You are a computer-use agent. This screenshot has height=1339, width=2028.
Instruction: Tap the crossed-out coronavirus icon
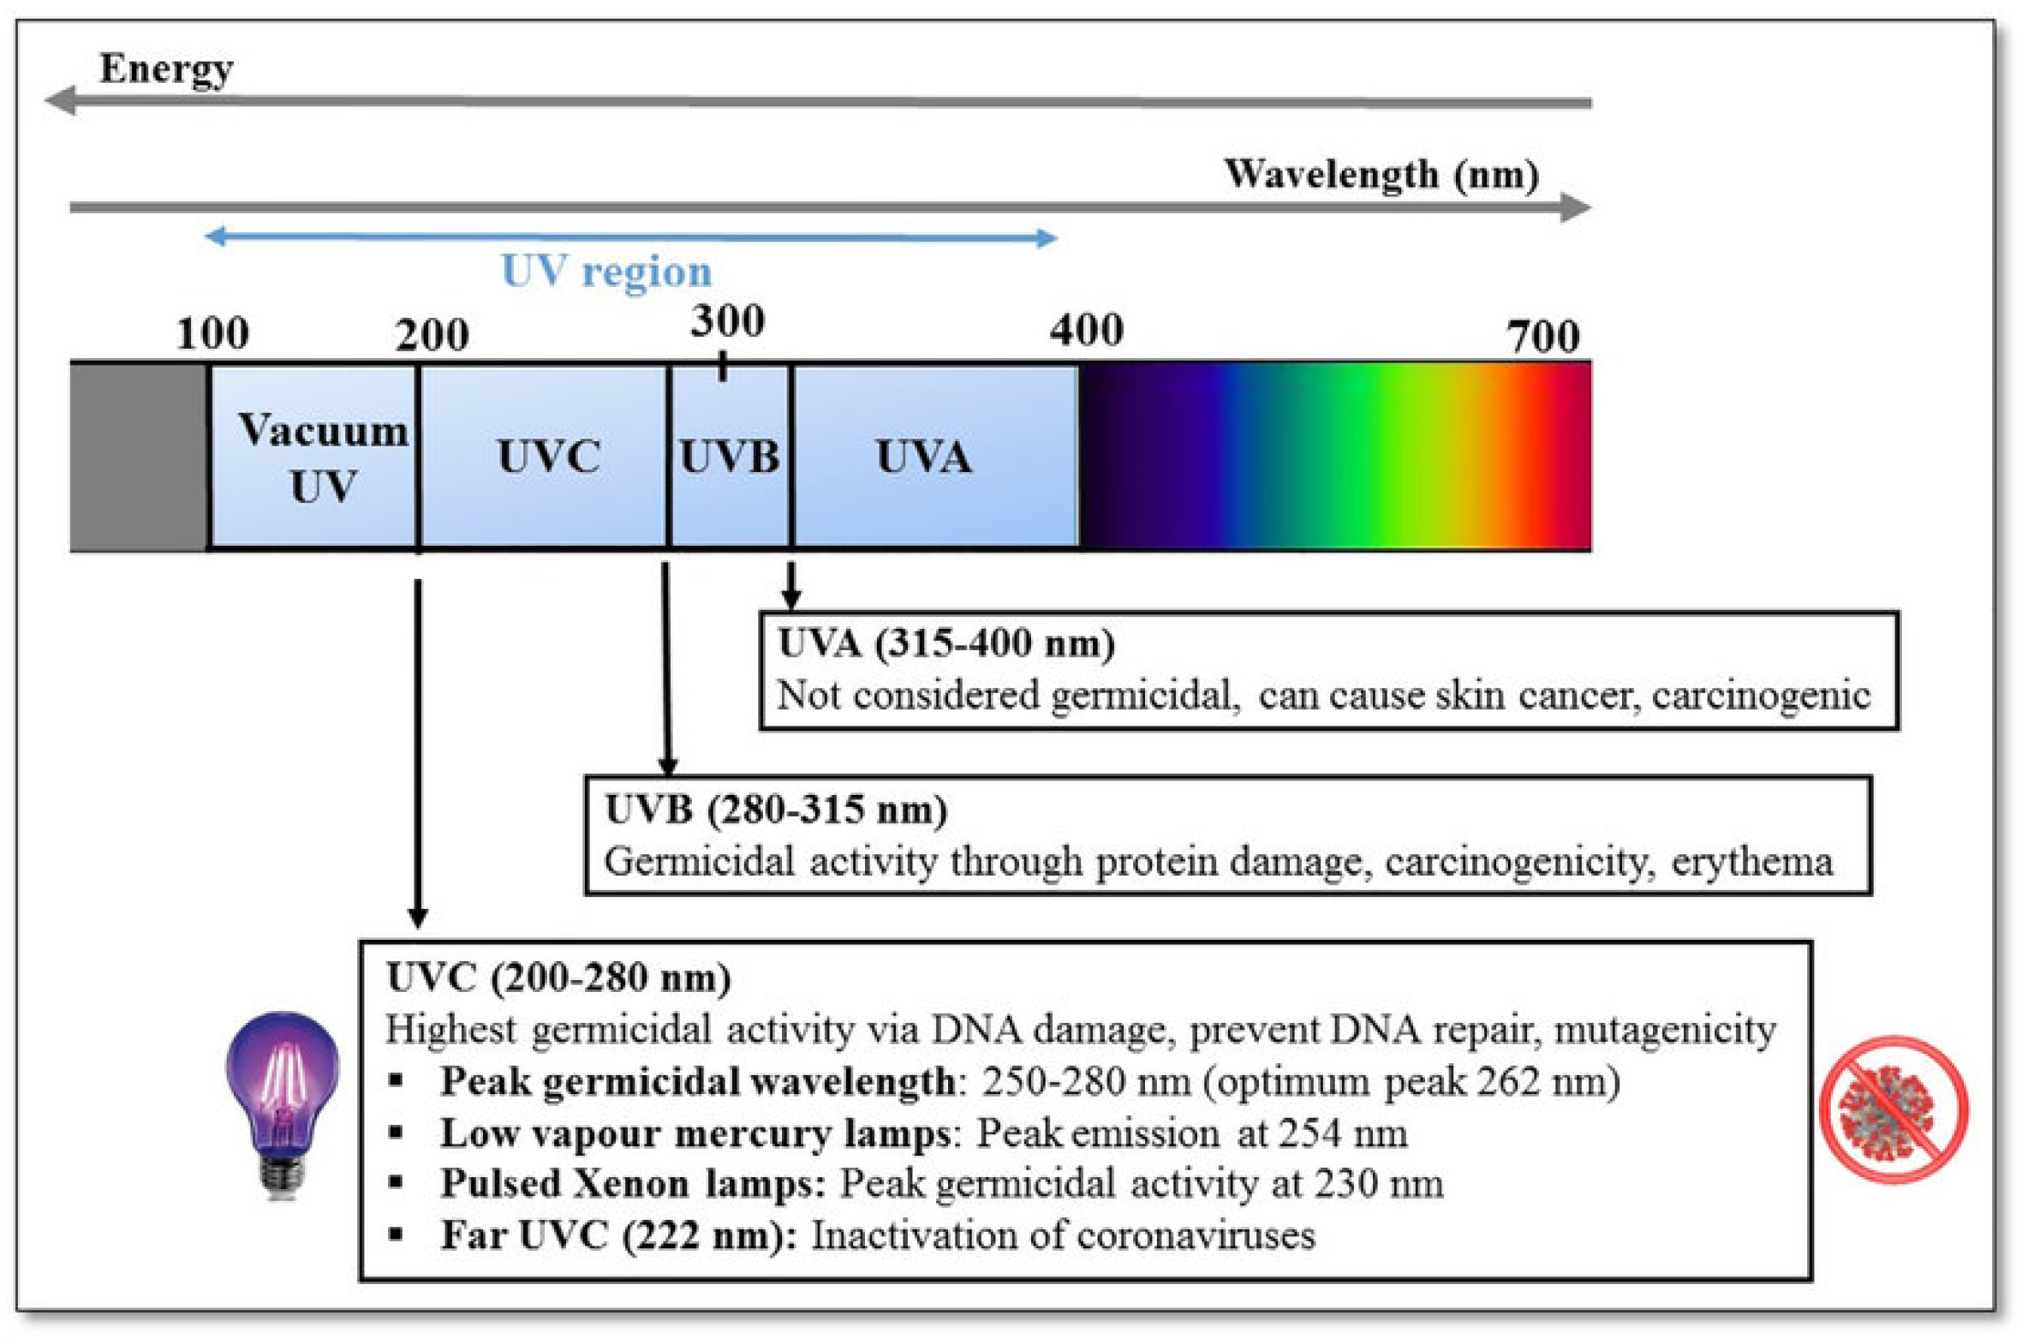(1894, 1109)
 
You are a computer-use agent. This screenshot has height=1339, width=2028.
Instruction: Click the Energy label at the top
(166, 69)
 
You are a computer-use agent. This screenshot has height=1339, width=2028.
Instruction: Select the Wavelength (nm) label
(1381, 175)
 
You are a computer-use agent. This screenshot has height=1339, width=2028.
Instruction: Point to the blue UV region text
(606, 272)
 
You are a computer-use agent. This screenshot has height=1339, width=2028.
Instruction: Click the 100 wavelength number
(212, 333)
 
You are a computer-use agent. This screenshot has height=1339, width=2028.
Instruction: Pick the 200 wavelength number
(432, 335)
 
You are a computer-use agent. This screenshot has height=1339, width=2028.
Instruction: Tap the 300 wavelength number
(727, 321)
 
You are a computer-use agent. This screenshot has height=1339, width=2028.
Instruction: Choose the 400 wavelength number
(1086, 330)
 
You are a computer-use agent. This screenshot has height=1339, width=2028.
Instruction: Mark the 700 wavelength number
(1543, 336)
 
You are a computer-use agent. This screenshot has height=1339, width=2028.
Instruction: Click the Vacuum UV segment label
(323, 457)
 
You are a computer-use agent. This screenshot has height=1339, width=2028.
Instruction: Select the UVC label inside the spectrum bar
(548, 457)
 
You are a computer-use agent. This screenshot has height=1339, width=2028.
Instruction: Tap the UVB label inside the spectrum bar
(729, 457)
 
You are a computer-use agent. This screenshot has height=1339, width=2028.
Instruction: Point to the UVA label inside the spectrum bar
(923, 457)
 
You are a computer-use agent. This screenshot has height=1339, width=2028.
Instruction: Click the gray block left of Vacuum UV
(138, 457)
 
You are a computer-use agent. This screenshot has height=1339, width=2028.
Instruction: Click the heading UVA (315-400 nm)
(945, 643)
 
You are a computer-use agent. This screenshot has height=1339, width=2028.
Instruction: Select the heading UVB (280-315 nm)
(776, 810)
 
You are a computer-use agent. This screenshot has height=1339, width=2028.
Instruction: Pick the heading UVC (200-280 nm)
(558, 977)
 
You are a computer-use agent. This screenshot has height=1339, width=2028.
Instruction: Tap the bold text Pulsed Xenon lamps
(633, 1184)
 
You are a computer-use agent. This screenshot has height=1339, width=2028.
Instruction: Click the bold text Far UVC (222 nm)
(618, 1235)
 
